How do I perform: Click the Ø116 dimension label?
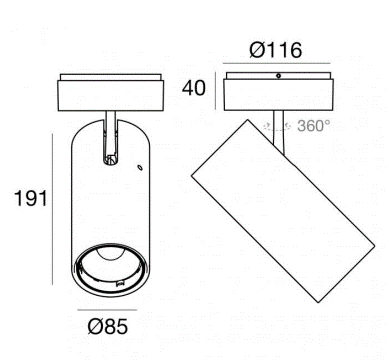276,50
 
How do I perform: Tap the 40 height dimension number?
194,88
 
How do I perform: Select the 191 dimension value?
31,199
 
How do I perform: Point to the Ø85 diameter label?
107,326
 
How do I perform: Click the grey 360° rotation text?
314,126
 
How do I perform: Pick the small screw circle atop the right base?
278,76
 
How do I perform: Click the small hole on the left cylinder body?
140,167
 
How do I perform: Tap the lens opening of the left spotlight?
111,270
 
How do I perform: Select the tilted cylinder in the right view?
283,211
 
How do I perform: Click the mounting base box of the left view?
111,95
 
